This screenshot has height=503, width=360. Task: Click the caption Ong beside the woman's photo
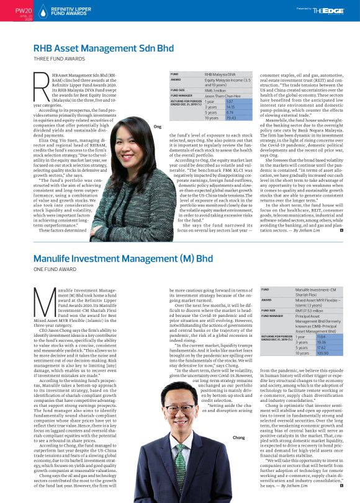pyautogui.click(x=156, y=126)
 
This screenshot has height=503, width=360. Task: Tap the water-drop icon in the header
pyautogui.click(x=43, y=11)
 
